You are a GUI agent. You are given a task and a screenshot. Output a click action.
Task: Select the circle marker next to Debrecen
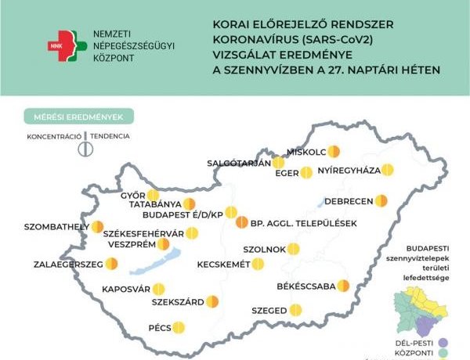click(x=381, y=200)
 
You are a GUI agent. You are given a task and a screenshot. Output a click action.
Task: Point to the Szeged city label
click(x=269, y=311)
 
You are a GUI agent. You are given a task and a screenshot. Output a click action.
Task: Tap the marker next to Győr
click(x=153, y=194)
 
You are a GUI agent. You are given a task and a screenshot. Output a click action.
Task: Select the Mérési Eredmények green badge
click(x=78, y=117)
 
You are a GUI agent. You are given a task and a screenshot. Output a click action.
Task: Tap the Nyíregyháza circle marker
click(x=387, y=169)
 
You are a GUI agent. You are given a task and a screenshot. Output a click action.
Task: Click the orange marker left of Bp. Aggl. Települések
click(x=241, y=223)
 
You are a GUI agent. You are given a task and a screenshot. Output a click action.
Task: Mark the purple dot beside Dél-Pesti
click(x=443, y=342)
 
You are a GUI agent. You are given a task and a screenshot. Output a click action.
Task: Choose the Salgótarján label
click(x=238, y=163)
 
